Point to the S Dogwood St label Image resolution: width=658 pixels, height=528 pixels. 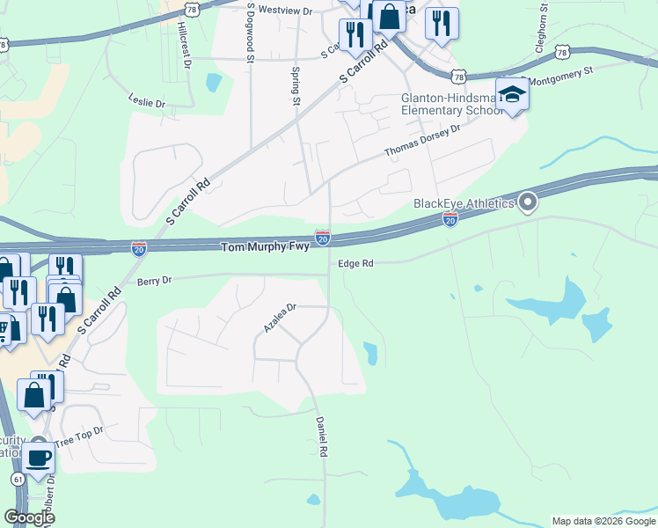click(x=251, y=33)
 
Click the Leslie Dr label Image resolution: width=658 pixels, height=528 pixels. click(x=147, y=102)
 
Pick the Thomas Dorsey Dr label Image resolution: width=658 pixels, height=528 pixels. click(x=422, y=142)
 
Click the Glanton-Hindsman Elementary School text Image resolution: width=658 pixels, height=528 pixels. click(x=444, y=104)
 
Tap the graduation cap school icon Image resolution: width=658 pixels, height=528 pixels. click(x=511, y=94)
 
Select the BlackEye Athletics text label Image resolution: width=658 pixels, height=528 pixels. click(x=464, y=204)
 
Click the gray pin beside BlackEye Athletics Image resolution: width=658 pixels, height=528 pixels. click(x=528, y=203)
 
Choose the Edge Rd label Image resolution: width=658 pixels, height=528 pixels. click(x=355, y=263)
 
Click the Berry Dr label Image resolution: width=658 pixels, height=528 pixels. click(x=154, y=280)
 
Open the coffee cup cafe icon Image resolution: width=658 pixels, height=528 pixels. click(x=38, y=458)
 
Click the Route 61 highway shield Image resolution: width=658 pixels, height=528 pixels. click(x=18, y=478)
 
